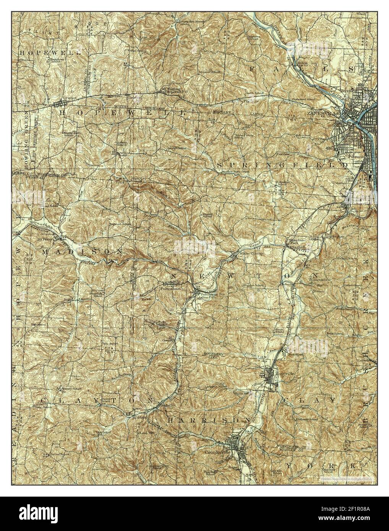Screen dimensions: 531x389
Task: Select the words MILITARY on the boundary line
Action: point(222,112)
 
